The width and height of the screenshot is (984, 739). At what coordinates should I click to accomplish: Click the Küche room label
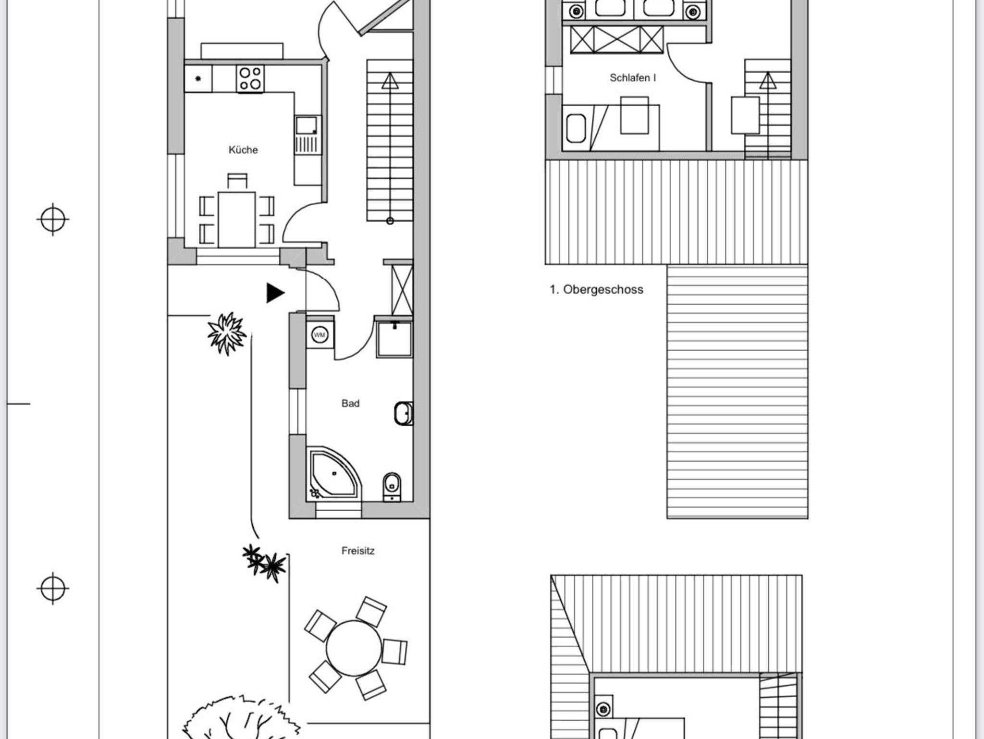[x=243, y=150]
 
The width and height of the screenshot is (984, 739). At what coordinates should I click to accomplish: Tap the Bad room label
[x=350, y=404]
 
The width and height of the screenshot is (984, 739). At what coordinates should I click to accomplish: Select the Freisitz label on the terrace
[x=358, y=551]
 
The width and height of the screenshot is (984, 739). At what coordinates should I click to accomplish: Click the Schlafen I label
[x=632, y=78]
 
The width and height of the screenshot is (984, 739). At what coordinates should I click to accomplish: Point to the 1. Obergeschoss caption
[x=596, y=290]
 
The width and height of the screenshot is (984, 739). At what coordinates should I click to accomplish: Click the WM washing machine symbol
[x=320, y=334]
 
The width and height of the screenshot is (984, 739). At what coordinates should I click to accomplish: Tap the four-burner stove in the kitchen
[x=250, y=79]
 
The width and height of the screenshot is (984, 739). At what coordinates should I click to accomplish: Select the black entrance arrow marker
[x=275, y=293]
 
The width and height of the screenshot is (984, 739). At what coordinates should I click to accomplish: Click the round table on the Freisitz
[x=354, y=649]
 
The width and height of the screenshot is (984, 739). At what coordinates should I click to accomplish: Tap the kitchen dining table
[x=237, y=219]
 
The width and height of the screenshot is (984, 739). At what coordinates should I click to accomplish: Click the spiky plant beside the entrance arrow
[x=226, y=333]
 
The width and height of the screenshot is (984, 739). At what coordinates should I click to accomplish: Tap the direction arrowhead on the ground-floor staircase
[x=390, y=81]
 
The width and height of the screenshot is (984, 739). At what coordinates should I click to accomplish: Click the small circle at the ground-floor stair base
[x=390, y=221]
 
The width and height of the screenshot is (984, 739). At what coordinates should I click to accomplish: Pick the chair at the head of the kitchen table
[x=237, y=181]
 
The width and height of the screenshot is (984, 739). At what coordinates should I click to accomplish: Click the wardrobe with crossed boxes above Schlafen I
[x=617, y=39]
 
